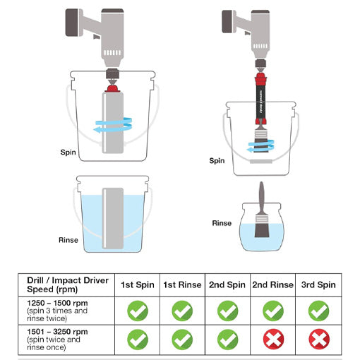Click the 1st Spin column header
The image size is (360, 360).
pyautogui.click(x=138, y=285)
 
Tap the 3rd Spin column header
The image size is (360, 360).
pyautogui.click(x=318, y=285)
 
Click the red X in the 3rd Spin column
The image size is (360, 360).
pyautogui.click(x=318, y=340)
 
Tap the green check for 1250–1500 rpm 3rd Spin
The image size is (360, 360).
pyautogui.click(x=318, y=311)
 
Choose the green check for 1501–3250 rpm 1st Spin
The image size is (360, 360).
pyautogui.click(x=138, y=340)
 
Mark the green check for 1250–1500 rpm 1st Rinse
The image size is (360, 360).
pyautogui.click(x=183, y=311)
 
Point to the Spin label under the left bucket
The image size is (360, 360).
pyautogui.click(x=68, y=151)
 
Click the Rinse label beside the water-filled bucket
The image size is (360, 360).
pyautogui.click(x=68, y=240)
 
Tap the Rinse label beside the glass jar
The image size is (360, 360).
pyautogui.click(x=222, y=223)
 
